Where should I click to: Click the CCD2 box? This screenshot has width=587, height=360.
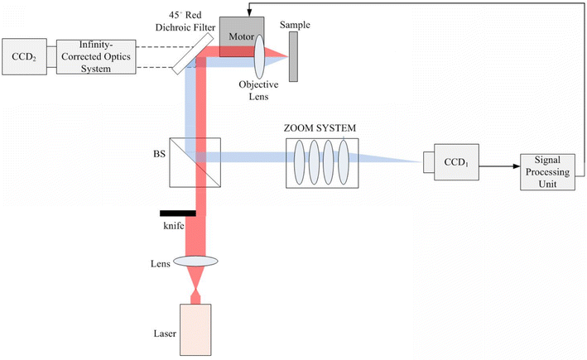[x=24, y=56]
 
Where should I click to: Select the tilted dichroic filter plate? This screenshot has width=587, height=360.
[x=190, y=57]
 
